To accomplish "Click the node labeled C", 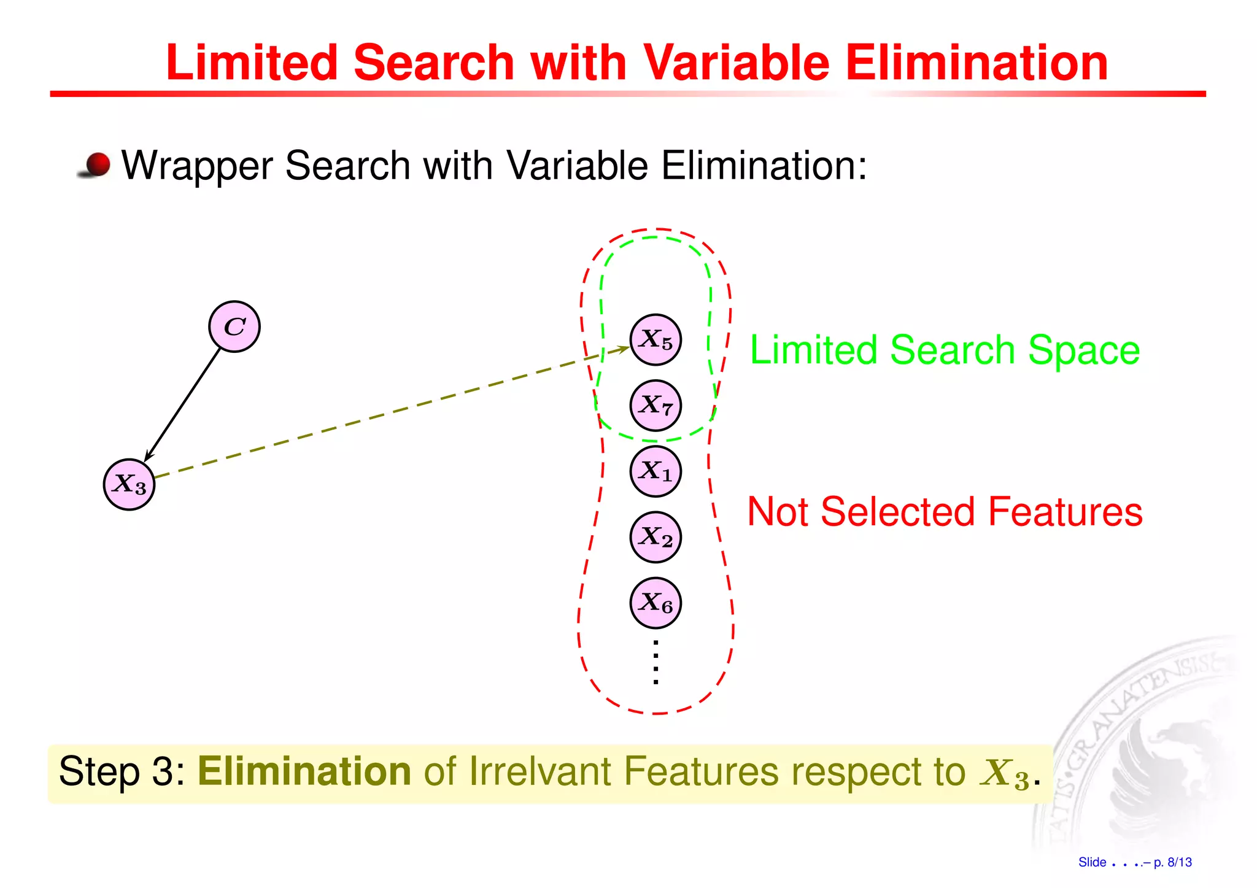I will pyautogui.click(x=234, y=326).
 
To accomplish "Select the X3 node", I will pyautogui.click(x=129, y=484).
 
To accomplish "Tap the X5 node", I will pyautogui.click(x=656, y=339).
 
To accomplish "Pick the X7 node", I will pyautogui.click(x=656, y=405).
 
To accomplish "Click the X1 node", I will pyautogui.click(x=656, y=471).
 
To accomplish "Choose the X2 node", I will pyautogui.click(x=656, y=537).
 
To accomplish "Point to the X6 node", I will pyautogui.click(x=656, y=603).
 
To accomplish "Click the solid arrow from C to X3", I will pyautogui.click(x=182, y=405).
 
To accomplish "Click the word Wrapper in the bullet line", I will pyautogui.click(x=198, y=166).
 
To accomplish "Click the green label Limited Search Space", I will pyautogui.click(x=945, y=350).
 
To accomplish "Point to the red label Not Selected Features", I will pyautogui.click(x=945, y=512).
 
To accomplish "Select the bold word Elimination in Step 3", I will pyautogui.click(x=304, y=771).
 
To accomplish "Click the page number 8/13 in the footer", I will pyautogui.click(x=1179, y=862).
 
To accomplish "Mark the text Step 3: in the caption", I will pyautogui.click(x=122, y=771).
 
